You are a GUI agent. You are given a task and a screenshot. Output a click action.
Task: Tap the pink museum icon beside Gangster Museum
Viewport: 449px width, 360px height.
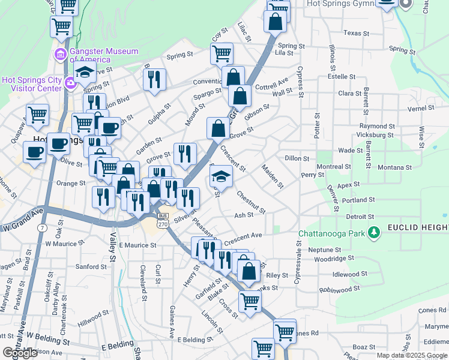point(61,56)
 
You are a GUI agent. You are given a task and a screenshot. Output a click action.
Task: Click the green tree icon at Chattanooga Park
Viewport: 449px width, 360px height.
point(374,231)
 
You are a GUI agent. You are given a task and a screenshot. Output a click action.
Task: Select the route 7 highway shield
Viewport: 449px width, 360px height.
point(42,229)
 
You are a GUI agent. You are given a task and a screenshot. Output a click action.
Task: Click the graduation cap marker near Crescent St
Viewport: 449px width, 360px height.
point(221,176)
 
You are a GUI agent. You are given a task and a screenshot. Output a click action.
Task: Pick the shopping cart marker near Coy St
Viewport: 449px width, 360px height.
point(221,53)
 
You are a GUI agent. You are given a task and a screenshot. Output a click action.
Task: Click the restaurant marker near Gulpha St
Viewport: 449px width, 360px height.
point(155,79)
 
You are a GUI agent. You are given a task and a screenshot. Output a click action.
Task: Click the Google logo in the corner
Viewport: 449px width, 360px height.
point(20,353)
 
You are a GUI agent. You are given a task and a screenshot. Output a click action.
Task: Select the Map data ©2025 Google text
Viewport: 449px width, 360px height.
point(411,355)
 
